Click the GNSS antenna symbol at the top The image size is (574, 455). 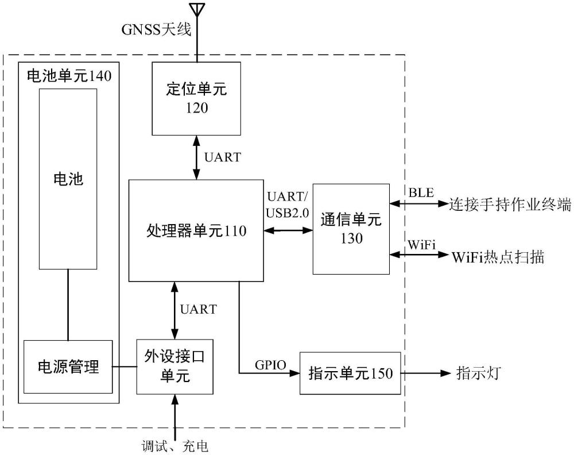coord(197,10)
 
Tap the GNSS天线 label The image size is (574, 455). coord(156,30)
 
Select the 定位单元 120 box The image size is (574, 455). coord(196,98)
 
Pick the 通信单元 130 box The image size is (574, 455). coord(350,229)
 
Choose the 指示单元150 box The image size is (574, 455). coord(350,373)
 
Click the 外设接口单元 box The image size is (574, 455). coord(174,367)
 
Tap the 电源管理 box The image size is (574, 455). coord(68,367)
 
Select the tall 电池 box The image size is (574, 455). coord(68,179)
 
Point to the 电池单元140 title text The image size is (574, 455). coord(68,75)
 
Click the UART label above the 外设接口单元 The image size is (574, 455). coord(198,310)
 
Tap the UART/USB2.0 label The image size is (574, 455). coord(287,204)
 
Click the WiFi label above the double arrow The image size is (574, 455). coord(422,244)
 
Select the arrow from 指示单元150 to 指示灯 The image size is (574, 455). coord(425,373)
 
